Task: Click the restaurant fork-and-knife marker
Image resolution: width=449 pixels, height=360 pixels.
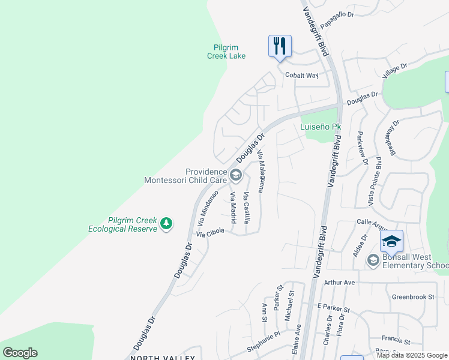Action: tap(280, 46)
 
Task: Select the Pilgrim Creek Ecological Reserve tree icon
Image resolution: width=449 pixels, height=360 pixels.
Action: tap(166, 224)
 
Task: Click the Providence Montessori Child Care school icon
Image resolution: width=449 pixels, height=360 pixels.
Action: tap(235, 175)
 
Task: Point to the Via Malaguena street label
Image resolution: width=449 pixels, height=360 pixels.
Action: tap(261, 172)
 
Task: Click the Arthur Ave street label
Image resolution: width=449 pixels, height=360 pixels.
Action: tap(340, 282)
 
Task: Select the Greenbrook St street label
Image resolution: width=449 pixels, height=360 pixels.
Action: tap(412, 296)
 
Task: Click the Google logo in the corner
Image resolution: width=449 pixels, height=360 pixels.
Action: tap(20, 353)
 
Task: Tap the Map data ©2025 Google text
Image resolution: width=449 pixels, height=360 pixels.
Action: tap(412, 355)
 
